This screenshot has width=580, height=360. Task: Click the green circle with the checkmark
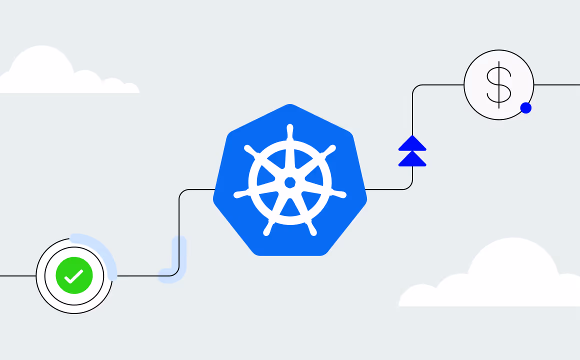(74, 275)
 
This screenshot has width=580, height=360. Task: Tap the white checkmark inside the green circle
(73, 276)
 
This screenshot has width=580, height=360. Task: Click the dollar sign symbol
(499, 85)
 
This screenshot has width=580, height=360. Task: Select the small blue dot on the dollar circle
(525, 108)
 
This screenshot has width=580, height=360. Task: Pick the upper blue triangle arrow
(412, 143)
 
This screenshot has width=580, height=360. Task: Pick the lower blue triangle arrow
(412, 159)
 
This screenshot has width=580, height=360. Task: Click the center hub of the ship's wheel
(290, 182)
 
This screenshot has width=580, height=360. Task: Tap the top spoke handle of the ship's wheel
(289, 132)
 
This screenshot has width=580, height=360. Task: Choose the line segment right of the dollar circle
(557, 85)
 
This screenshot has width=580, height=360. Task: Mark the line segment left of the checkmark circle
(17, 275)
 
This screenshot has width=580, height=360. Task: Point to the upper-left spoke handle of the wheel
(250, 150)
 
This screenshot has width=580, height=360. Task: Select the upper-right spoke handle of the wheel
(330, 150)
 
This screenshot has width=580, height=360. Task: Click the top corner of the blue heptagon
(290, 106)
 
